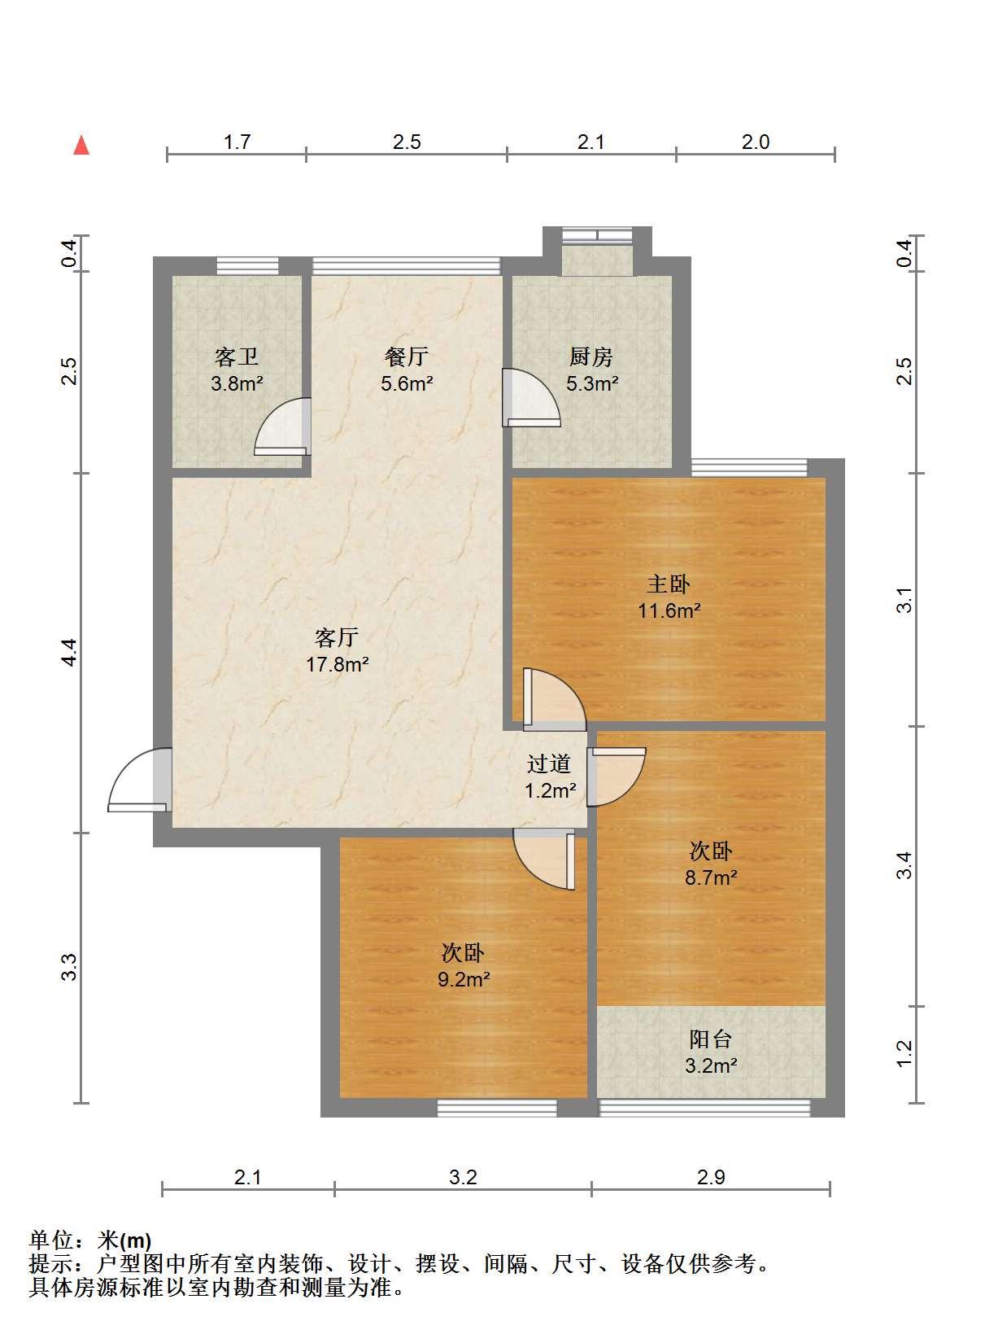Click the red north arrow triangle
(x=81, y=146)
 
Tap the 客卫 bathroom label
(x=237, y=357)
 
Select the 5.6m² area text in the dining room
(x=407, y=383)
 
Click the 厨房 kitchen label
(x=591, y=357)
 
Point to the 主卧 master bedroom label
(x=669, y=584)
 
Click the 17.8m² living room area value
(x=337, y=665)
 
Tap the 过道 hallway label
(x=549, y=764)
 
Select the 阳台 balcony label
(x=711, y=1039)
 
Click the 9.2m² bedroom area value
(x=464, y=979)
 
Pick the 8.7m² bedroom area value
(x=711, y=877)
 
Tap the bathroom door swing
(x=282, y=427)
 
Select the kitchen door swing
(x=531, y=397)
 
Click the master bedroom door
(x=555, y=698)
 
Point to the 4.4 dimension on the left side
(x=70, y=652)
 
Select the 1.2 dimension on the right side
(x=904, y=1054)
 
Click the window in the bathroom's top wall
(x=247, y=266)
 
